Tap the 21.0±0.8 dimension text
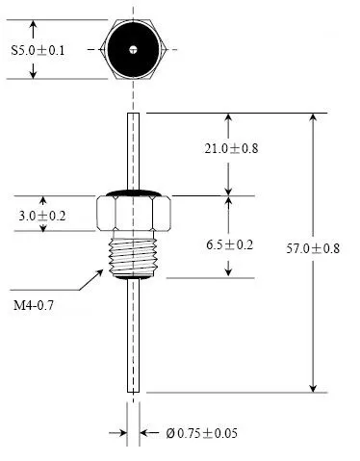(x=232, y=148)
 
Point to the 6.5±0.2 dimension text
(x=229, y=244)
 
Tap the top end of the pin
(x=134, y=116)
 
